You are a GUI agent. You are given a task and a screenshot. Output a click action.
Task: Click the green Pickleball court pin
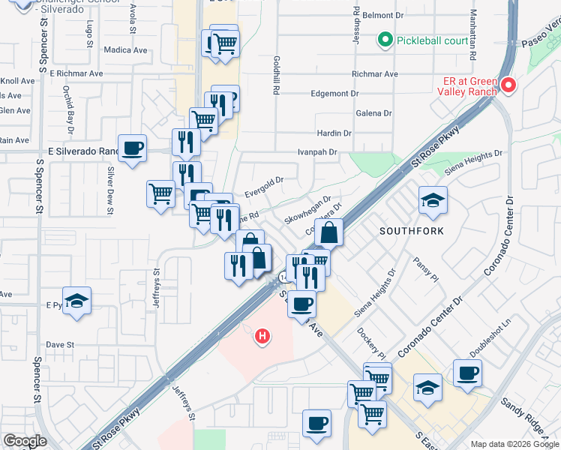tap(385, 39)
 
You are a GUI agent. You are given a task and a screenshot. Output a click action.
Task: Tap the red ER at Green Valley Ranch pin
tap(508, 85)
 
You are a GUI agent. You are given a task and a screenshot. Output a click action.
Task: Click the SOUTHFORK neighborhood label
tap(411, 231)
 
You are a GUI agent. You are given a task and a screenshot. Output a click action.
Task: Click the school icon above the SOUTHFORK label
tap(433, 200)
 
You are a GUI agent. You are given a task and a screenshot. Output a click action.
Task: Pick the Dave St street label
tap(58, 345)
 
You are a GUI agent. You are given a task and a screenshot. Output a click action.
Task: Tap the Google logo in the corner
tap(25, 441)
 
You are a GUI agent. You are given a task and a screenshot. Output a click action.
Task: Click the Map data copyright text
tap(514, 444)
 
